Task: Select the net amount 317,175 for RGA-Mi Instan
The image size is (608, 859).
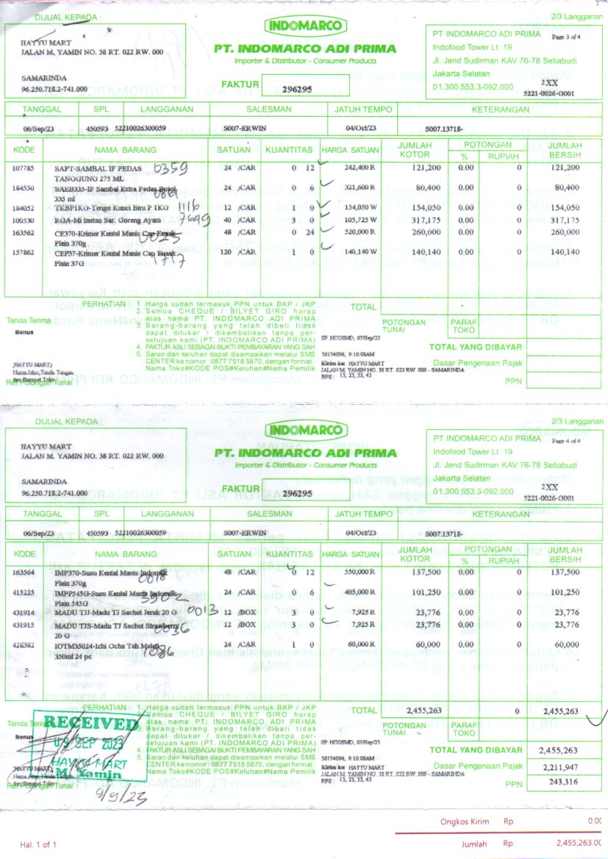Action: tap(564, 220)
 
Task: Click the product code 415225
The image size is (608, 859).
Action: tap(24, 592)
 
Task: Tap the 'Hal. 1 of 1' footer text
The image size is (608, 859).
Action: tap(37, 844)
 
